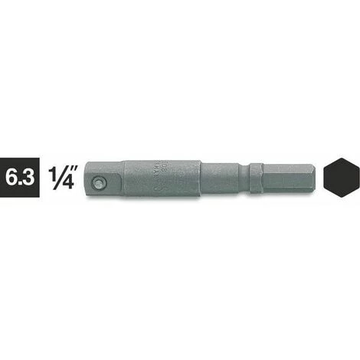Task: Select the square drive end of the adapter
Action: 104,182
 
